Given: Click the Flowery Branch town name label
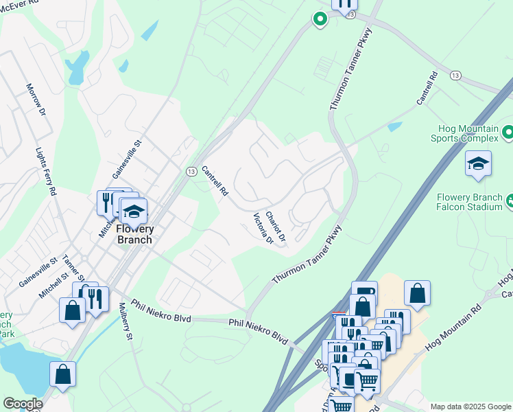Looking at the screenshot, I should coord(134,234).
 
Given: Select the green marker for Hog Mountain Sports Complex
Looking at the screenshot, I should coord(508,131).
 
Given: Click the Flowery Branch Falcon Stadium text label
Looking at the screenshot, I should coord(470,202).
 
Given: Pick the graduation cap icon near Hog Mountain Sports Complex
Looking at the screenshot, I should coord(478,164).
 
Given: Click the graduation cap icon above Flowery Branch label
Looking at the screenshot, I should coord(134,210).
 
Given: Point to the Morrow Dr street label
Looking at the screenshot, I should coord(36,100).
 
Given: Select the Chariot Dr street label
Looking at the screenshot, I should coord(275,225).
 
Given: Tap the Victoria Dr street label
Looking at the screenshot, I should coord(263,229).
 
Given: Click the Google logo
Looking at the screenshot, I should coord(23,404).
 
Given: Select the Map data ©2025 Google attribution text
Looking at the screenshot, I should coord(470,407).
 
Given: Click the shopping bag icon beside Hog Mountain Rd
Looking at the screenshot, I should coord(417,293).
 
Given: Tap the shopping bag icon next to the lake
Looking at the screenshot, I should coord(62,374).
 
